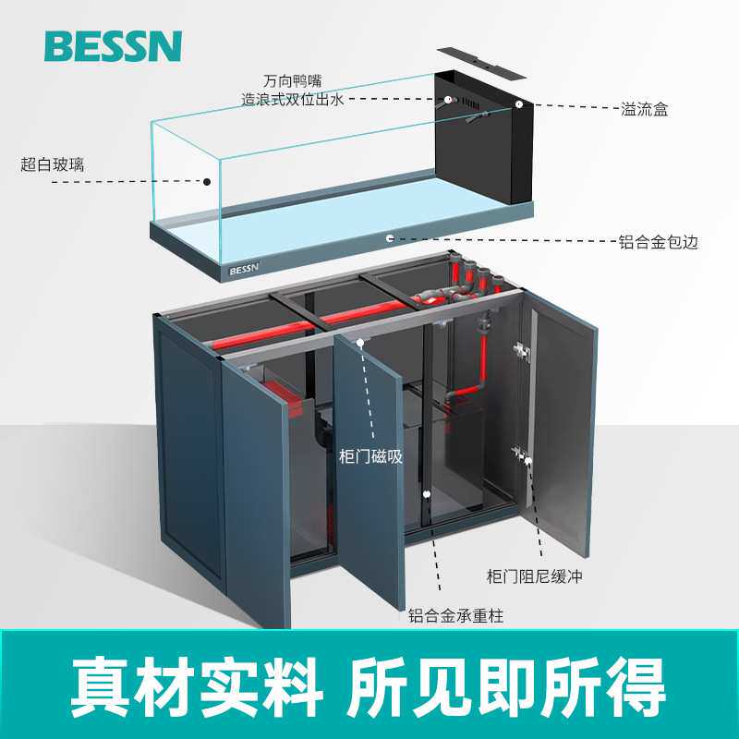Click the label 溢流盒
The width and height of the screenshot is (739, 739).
tap(644, 110)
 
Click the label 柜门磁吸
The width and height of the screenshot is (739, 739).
tap(371, 455)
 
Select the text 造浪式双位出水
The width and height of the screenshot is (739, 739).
tap(292, 100)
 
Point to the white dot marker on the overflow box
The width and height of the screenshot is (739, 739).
tap(519, 105)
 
